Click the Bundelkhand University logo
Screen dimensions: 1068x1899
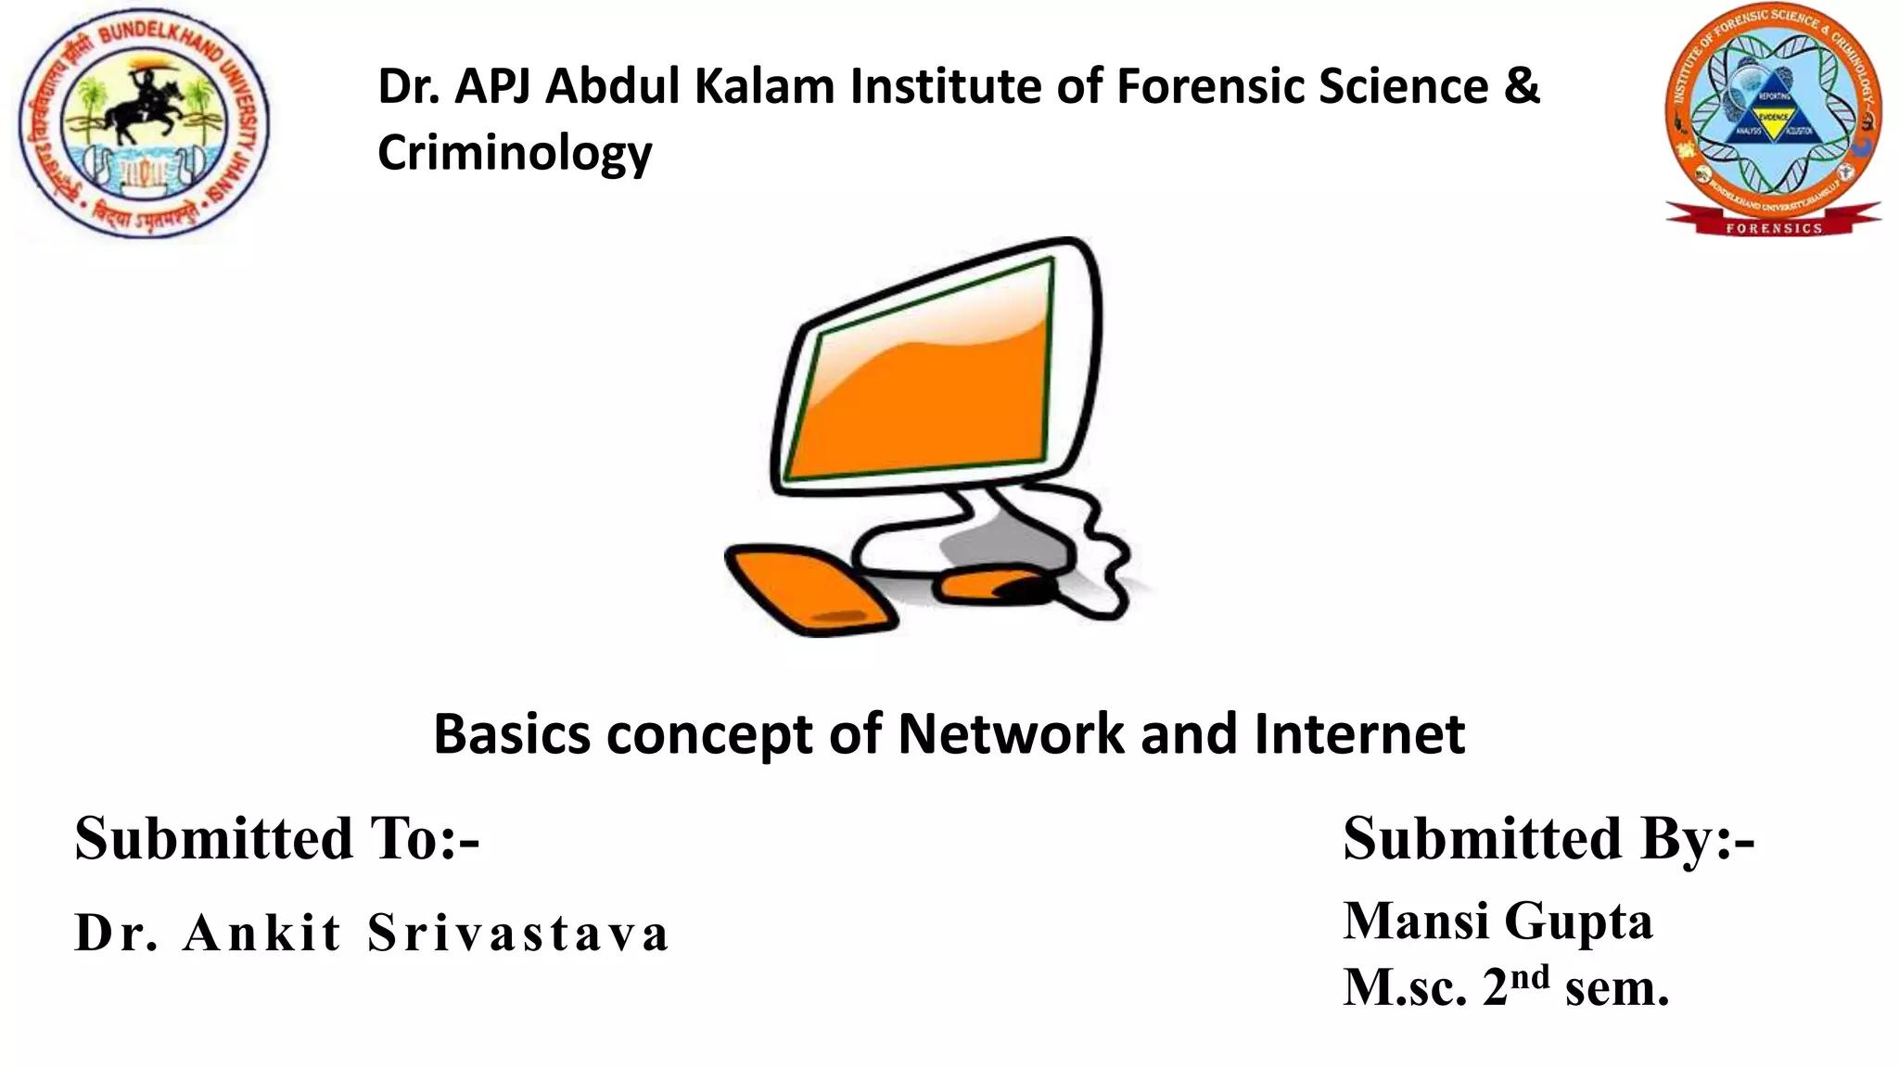pyautogui.click(x=144, y=123)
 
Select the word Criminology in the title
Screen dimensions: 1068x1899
pyautogui.click(x=515, y=153)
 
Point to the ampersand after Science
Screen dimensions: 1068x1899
pyautogui.click(x=1521, y=86)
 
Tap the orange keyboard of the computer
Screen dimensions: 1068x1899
pyautogui.click(x=809, y=589)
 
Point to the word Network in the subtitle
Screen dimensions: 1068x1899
pyautogui.click(x=1011, y=734)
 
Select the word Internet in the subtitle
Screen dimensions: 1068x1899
pyautogui.click(x=1359, y=734)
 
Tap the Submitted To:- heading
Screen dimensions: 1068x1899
pyautogui.click(x=277, y=838)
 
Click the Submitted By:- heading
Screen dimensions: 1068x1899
pyautogui.click(x=1549, y=838)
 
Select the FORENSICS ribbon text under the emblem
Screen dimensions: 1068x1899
pyautogui.click(x=1773, y=228)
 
